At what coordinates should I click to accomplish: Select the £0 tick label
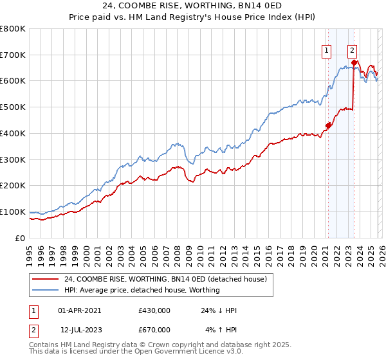coord(21,238)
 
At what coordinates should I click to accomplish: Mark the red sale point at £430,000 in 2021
coord(327,125)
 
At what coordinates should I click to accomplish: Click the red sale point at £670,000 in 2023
coord(354,62)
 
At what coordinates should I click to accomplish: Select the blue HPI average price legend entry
coord(142,290)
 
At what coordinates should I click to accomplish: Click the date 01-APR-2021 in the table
coord(80,310)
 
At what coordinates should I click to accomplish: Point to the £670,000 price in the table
coord(154,330)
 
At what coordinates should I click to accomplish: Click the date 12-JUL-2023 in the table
coord(80,330)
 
